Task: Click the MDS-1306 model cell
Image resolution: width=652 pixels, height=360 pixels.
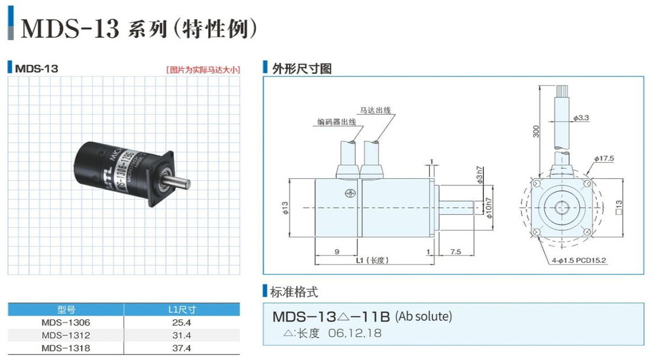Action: (66, 323)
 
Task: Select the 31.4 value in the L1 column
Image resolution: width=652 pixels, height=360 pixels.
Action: (182, 336)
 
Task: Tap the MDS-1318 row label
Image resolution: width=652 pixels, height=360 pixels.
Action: (66, 348)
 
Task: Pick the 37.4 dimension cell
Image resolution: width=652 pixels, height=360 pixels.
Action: (182, 348)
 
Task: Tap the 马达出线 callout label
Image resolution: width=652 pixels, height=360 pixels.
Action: (376, 111)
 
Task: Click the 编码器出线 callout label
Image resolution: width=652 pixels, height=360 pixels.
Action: (336, 123)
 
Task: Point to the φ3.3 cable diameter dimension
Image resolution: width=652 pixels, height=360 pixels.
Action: (581, 118)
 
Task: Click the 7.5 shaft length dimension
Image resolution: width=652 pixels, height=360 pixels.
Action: (456, 252)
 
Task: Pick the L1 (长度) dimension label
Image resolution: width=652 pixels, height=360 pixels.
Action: (371, 260)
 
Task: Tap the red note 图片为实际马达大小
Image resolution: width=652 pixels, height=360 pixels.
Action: (203, 69)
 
